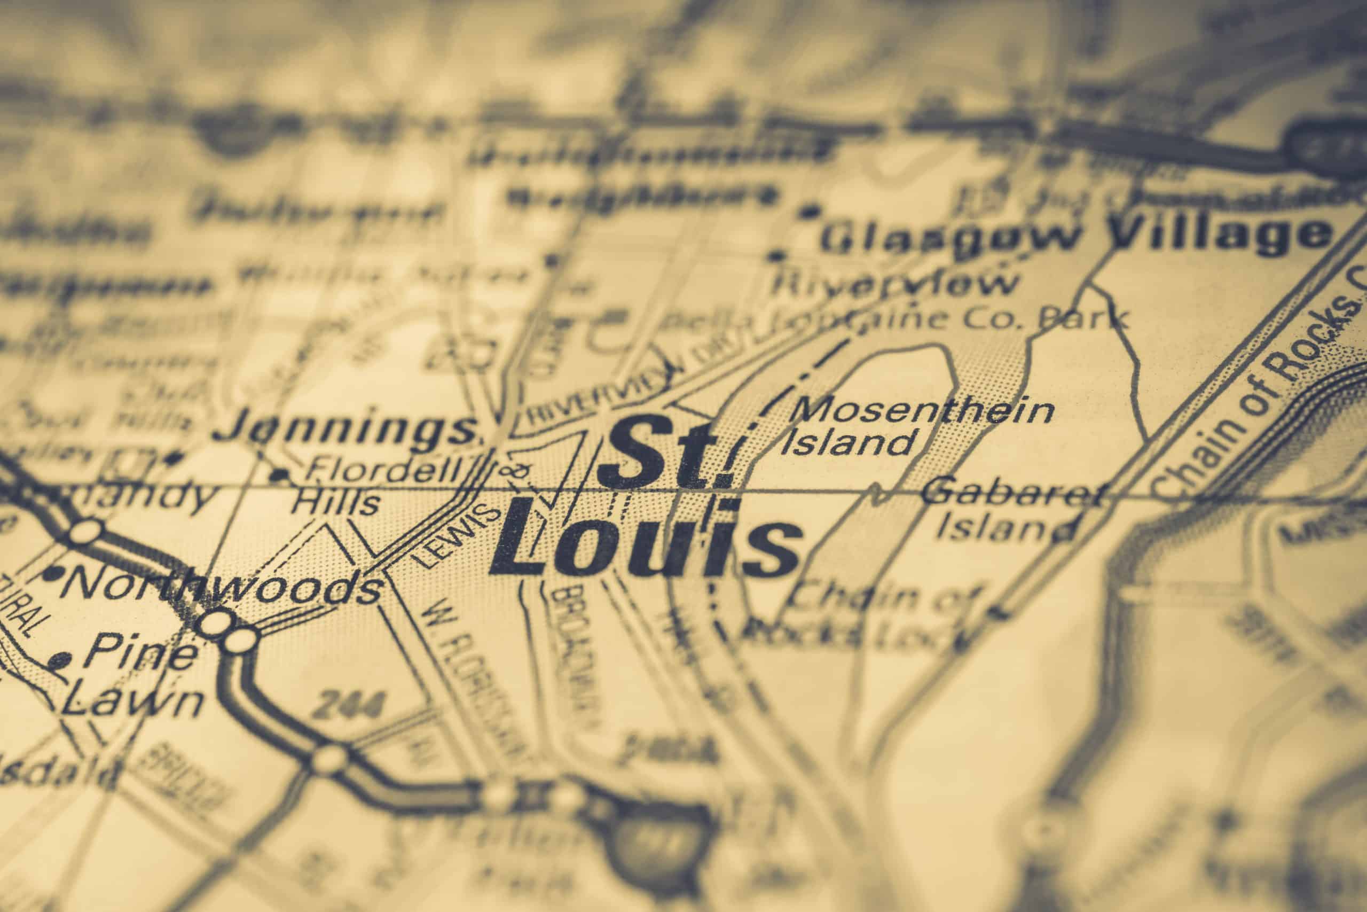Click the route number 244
[349, 707]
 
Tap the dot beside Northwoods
[54, 573]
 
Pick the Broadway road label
[572, 651]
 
